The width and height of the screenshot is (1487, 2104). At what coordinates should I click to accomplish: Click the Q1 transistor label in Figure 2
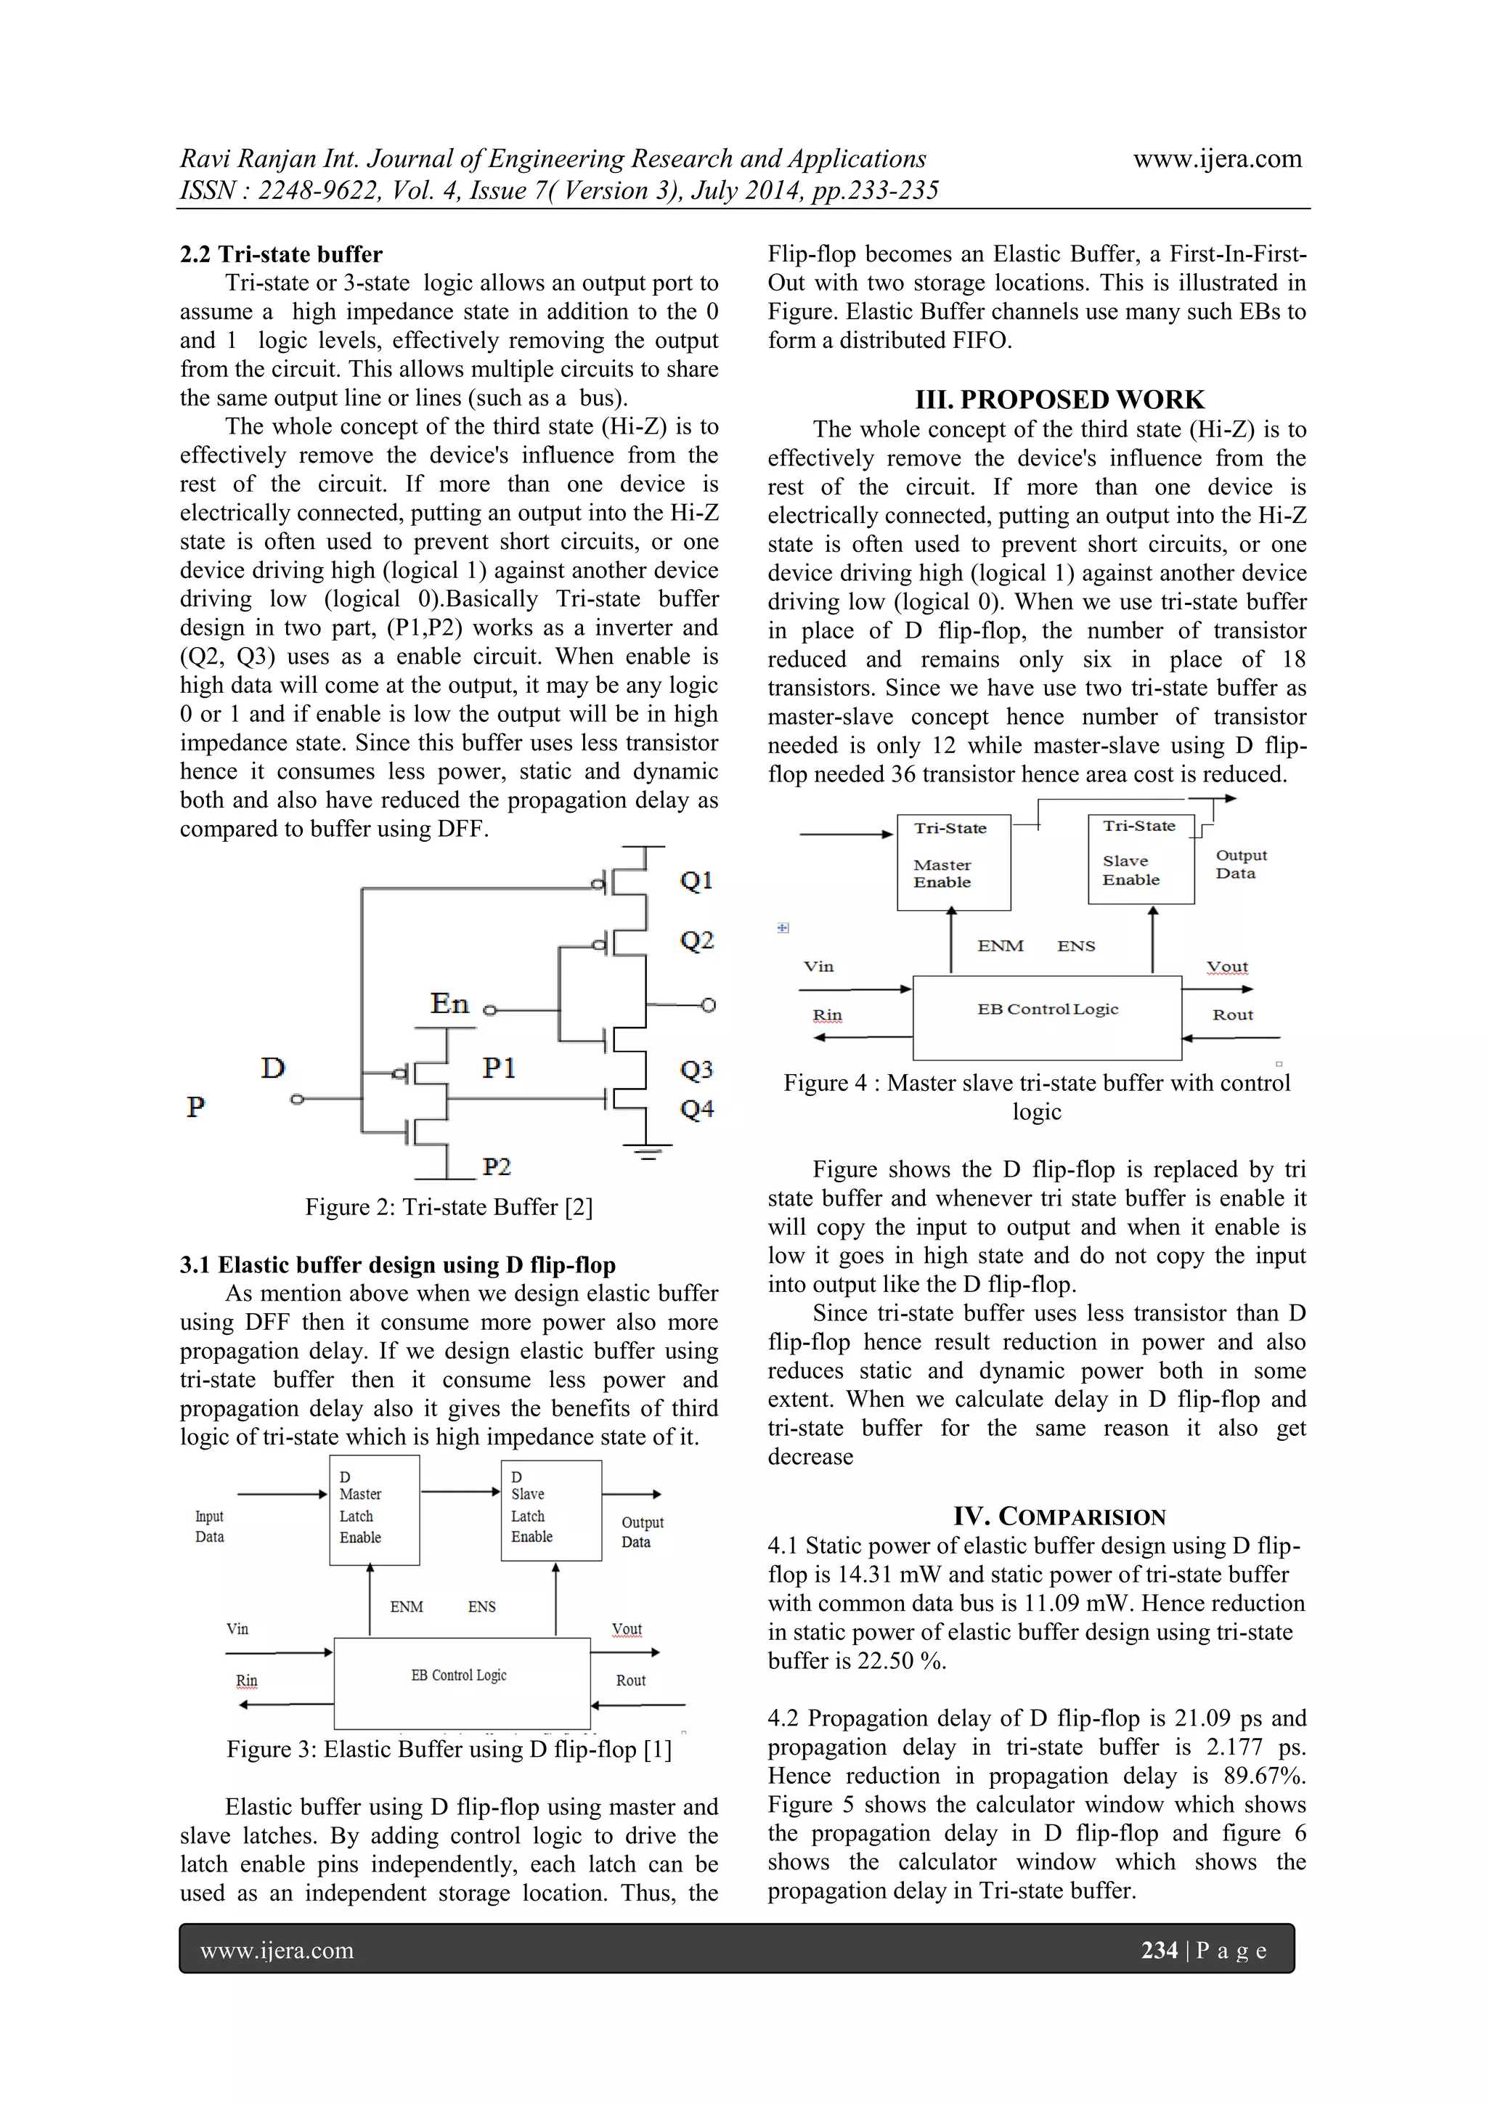point(696,881)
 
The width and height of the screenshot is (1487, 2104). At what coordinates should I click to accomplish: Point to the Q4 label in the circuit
point(696,1110)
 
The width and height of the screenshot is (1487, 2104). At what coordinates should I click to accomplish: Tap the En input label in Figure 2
point(449,1004)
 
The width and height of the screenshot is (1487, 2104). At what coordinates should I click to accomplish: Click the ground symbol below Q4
point(648,1152)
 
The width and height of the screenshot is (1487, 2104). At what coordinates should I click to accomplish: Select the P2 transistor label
point(497,1166)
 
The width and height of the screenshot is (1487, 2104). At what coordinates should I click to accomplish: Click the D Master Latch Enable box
point(374,1509)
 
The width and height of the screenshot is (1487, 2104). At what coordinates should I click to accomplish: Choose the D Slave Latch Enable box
point(550,1509)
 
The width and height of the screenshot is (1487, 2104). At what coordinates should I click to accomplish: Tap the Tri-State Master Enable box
point(953,861)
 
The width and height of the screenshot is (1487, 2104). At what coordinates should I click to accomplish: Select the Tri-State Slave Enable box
point(1140,858)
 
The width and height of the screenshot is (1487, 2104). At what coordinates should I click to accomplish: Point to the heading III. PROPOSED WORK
point(1059,399)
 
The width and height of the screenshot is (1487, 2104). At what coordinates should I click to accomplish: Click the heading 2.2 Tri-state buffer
point(280,254)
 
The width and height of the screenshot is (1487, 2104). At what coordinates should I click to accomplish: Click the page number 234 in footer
point(1158,1949)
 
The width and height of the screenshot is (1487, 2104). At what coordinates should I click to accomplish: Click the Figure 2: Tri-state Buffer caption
point(448,1207)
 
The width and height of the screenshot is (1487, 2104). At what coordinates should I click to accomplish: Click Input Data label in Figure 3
point(209,1527)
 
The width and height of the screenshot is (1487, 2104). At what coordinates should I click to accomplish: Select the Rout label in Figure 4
point(1232,1015)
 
